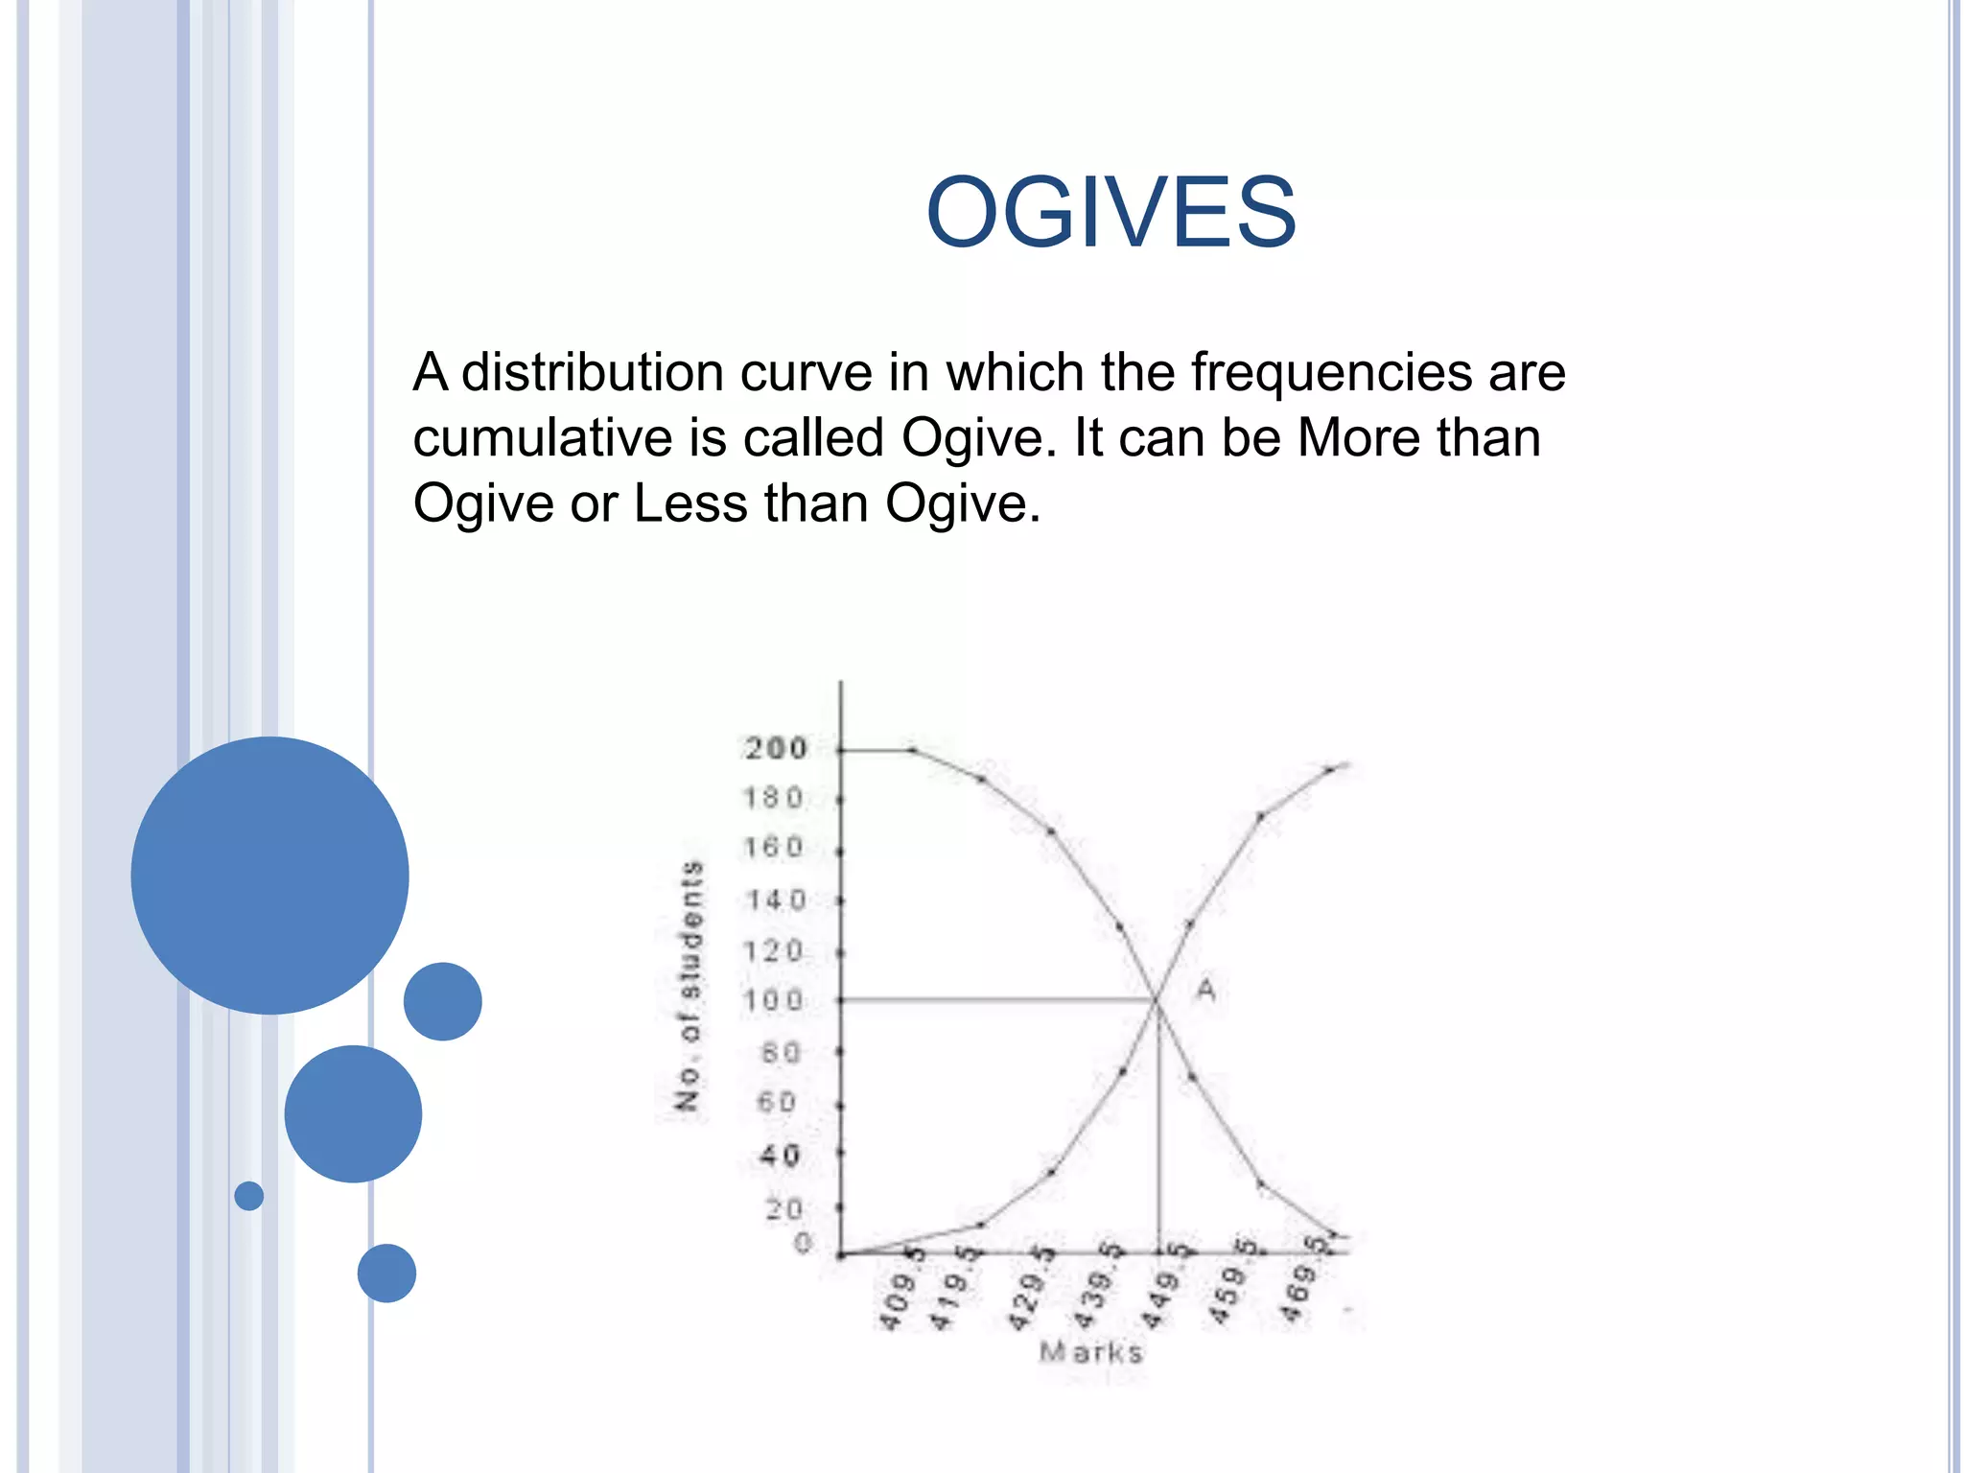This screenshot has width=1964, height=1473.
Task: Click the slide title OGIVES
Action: point(1111,212)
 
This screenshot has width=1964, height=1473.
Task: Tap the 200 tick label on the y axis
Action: point(776,748)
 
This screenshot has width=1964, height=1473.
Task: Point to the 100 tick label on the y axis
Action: point(773,1001)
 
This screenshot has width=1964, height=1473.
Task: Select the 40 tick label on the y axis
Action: point(780,1156)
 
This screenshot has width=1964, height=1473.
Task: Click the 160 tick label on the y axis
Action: point(773,848)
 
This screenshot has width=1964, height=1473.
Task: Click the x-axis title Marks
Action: point(1091,1352)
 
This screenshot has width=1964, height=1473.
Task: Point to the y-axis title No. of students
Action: point(690,986)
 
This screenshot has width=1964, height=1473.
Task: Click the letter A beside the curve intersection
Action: point(1205,989)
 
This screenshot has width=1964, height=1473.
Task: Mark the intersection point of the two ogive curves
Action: point(1157,1001)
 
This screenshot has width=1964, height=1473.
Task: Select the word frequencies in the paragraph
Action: point(1330,372)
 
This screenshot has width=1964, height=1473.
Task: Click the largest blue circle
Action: point(269,875)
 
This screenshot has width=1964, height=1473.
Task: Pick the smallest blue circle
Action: point(249,1196)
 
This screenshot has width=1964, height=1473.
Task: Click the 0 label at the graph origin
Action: point(803,1244)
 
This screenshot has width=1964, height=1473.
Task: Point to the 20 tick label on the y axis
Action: point(783,1209)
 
